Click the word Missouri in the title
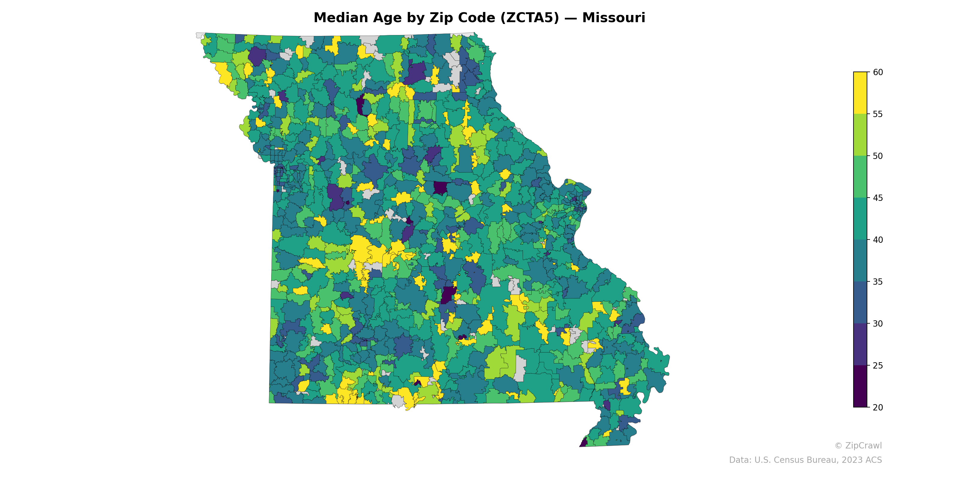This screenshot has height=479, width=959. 613,18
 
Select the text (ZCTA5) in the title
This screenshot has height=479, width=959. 530,18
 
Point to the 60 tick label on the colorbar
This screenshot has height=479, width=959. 878,72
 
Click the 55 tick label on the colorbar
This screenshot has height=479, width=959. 878,114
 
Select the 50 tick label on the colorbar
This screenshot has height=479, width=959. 878,156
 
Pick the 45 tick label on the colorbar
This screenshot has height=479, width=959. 878,198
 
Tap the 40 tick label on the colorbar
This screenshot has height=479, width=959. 878,240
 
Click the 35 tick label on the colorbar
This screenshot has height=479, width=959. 878,282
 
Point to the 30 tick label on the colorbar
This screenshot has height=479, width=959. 878,324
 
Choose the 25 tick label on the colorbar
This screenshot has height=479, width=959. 878,366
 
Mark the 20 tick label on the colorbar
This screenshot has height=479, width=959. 878,407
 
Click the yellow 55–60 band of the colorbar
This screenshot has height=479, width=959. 860,93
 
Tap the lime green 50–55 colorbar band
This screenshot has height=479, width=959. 860,135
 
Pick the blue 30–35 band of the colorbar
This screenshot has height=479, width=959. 860,303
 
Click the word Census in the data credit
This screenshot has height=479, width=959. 793,460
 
